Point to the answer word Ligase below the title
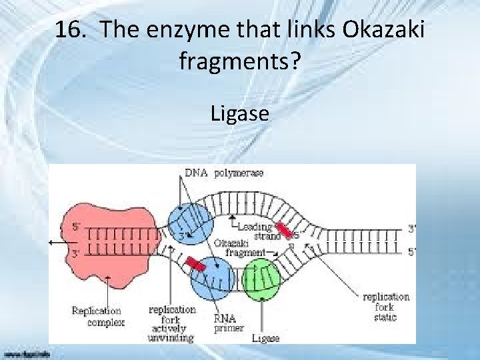tap(240, 114)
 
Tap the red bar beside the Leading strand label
tap(284, 229)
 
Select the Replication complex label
tap(97, 317)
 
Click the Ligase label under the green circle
tap(265, 338)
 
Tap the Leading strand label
tap(259, 231)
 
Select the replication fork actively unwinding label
tap(172, 323)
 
